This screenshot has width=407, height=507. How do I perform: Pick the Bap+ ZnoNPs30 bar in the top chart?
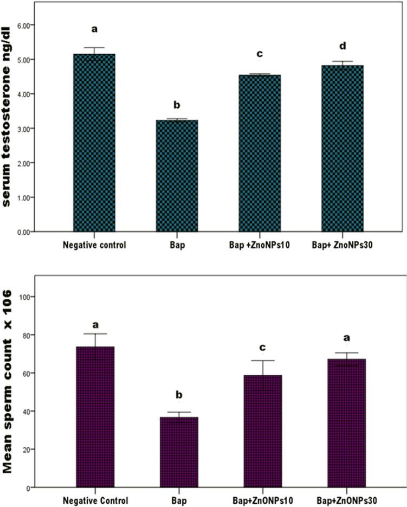pos(342,149)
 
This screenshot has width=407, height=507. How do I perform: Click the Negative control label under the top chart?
pos(94,245)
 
